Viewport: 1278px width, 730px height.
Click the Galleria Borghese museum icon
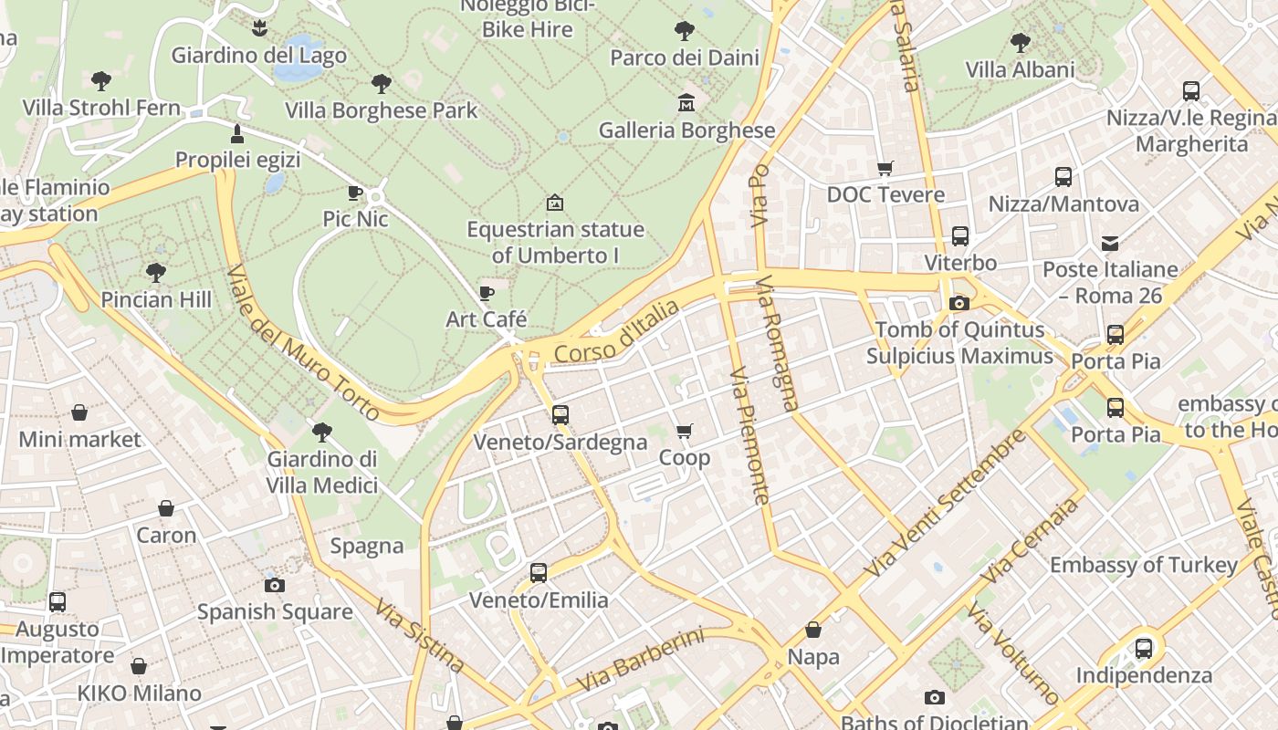686,103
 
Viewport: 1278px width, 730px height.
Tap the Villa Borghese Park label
381,111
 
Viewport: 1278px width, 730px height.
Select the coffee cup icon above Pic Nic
355,193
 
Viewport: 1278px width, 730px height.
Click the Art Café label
486,319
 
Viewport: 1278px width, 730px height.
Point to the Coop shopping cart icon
685,431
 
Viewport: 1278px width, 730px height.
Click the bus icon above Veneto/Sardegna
560,415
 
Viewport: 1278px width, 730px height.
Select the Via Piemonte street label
750,435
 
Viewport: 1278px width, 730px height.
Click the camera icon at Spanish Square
274,585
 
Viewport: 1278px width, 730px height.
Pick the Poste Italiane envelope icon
1110,244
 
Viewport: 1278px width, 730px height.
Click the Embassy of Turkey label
1143,565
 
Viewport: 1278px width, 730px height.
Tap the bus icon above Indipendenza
1143,649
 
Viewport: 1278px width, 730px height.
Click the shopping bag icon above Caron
166,508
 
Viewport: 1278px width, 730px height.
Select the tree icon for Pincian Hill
156,272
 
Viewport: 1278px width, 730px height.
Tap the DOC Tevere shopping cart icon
884,168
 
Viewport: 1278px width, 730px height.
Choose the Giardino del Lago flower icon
260,28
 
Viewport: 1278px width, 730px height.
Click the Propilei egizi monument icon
237,134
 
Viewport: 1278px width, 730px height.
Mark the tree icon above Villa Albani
1020,43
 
